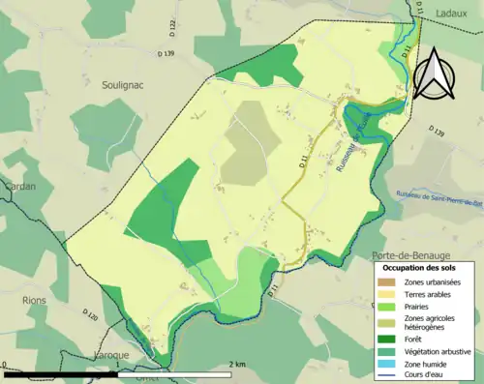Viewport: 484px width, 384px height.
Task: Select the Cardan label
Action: pos(17,161)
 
